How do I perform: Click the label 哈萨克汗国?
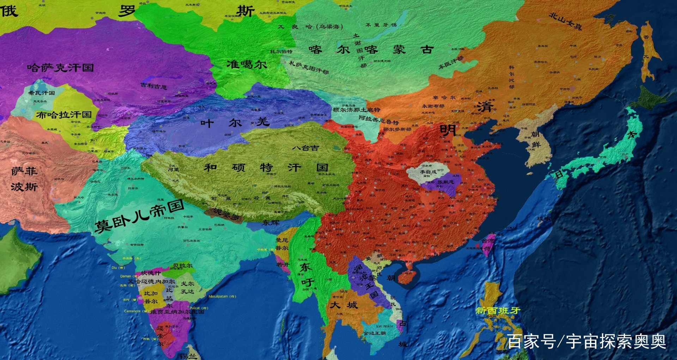(60, 67)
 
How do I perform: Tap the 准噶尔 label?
(246, 65)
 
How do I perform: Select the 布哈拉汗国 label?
(64, 115)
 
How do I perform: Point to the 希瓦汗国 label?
(42, 93)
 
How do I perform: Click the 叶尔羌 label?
(235, 123)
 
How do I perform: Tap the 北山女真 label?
(566, 21)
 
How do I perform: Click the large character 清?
(485, 106)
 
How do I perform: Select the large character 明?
(447, 130)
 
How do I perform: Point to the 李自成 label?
(428, 172)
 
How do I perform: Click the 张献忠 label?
(446, 182)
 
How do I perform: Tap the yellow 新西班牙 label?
(498, 311)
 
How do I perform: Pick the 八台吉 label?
(305, 148)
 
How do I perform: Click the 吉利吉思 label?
(154, 86)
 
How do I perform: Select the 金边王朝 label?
(374, 333)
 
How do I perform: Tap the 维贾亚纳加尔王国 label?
(177, 312)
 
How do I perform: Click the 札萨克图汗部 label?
(309, 67)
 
